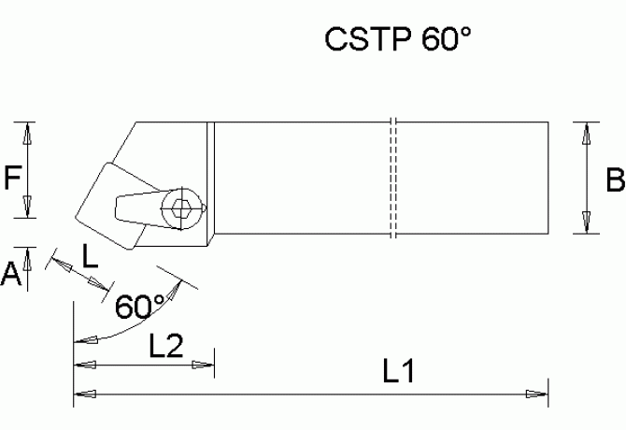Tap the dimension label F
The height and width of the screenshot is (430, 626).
[12, 177]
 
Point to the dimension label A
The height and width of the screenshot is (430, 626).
[11, 273]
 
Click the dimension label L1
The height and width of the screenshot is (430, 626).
[399, 372]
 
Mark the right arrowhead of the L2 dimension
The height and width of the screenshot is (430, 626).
[206, 365]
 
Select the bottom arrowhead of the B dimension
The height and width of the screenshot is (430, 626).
[587, 223]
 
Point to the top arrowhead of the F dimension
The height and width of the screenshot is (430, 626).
[28, 133]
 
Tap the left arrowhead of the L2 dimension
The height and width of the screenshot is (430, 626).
[84, 365]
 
